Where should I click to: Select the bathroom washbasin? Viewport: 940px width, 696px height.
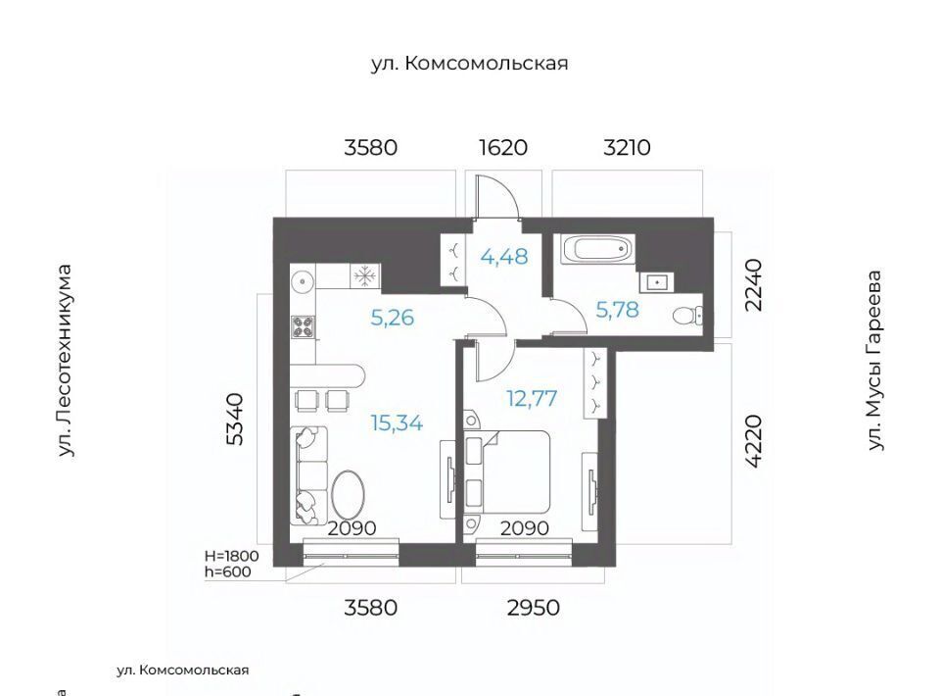coord(656,280)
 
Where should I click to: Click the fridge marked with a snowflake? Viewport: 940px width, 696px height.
coord(364,276)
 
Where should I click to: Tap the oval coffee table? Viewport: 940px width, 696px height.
coord(347,497)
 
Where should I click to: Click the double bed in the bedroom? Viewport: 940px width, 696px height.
coord(507,472)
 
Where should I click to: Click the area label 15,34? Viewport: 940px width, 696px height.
coord(397,423)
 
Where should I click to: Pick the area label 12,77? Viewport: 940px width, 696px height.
coord(532,398)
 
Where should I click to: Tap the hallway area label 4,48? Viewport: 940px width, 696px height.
coord(504,257)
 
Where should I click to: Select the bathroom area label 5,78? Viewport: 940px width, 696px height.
coord(617,310)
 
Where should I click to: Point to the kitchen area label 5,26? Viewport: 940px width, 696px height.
coord(392,318)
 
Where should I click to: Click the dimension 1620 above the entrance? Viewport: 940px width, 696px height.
coord(503,148)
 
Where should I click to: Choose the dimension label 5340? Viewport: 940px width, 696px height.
coord(236,419)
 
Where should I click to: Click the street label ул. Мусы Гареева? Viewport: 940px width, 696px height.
coord(875,360)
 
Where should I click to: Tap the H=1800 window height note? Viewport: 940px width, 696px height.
coord(231,556)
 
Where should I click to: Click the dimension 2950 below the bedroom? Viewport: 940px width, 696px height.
coord(533,608)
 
